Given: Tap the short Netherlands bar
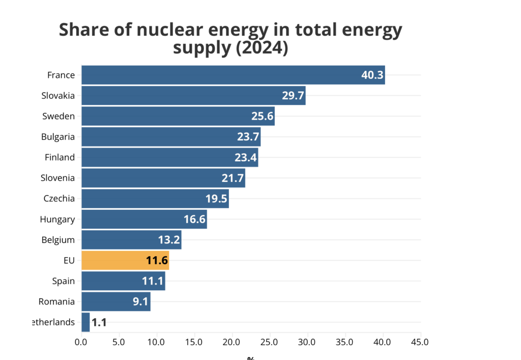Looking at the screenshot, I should coord(85,322).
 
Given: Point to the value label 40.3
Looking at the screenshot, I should coord(372,75).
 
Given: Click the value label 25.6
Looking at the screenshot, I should coord(263,116).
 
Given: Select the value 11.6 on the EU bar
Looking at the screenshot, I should coord(157,261).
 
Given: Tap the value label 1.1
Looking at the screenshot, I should coord(99,322).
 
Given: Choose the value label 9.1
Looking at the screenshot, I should coord(140,301).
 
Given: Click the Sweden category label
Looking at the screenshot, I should coord(59,116).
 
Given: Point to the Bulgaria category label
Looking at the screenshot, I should coord(58,136).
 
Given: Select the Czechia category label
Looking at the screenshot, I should coord(59,199).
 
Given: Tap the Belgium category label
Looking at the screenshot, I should coord(58,240).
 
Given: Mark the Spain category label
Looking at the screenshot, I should coord(63,281).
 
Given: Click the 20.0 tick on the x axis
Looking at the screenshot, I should coord(232,342).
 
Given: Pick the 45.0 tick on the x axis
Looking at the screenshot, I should coord(420,342).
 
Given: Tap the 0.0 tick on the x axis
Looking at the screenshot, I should coord(81,342).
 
